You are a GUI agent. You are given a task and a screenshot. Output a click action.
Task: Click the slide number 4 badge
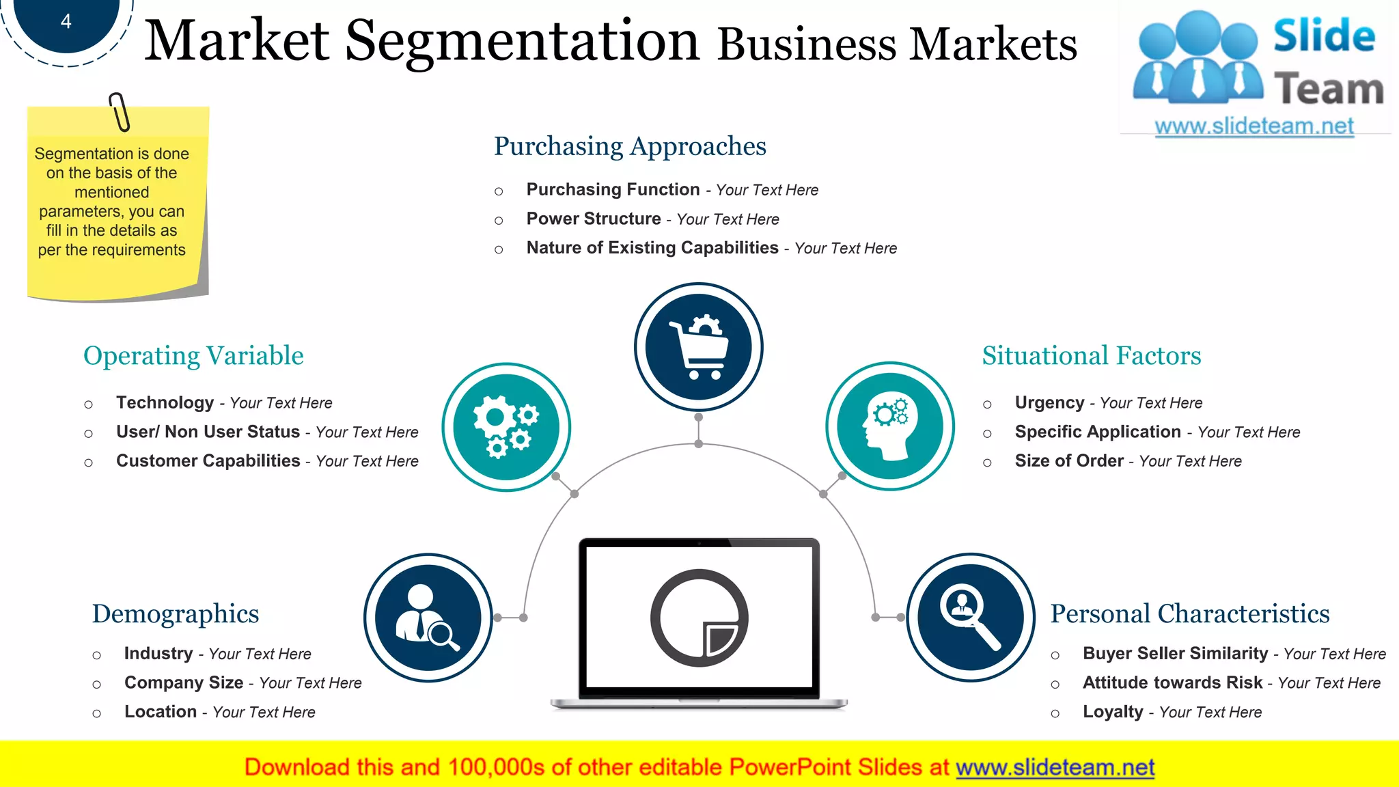pos(66,22)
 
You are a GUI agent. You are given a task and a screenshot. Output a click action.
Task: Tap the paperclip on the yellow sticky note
pos(120,112)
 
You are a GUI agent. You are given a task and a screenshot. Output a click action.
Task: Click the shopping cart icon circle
pos(698,347)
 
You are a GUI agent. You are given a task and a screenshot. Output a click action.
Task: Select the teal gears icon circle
pos(506,427)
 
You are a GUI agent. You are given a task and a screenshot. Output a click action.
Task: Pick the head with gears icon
pos(889,426)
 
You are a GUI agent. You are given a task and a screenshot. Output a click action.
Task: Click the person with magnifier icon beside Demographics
pos(428,618)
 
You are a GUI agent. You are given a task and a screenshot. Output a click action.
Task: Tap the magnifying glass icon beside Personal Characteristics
pos(970,618)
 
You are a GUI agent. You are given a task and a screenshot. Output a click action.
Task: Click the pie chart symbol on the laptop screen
pos(699,618)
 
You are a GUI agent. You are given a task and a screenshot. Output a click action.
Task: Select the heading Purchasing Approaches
pos(630,146)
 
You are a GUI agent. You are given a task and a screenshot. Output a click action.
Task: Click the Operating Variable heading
pos(193,356)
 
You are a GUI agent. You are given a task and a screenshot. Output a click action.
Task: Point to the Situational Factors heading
pos(1091,356)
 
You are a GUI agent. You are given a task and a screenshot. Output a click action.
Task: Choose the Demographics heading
pos(176,613)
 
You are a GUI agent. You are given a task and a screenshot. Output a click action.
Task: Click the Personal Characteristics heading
pos(1189,613)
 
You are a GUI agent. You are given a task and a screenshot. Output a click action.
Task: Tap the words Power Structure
pos(594,219)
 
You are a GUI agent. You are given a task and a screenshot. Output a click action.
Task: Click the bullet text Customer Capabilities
pos(208,461)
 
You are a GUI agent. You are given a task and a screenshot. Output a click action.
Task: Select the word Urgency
pos(1049,402)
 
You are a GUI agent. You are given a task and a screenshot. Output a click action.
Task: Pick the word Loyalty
pos(1113,712)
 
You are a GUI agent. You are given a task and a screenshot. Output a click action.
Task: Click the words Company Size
pos(184,682)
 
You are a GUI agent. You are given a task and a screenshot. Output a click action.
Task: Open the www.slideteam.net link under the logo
pos(1253,126)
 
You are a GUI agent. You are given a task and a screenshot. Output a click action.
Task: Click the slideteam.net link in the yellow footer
pos(1055,767)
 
